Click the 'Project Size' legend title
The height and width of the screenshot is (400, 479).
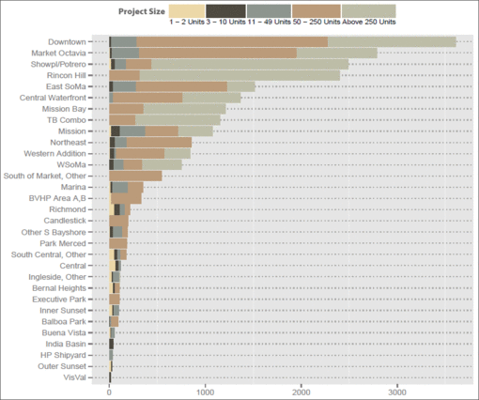point(142,11)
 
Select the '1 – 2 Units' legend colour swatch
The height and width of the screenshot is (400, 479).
point(187,11)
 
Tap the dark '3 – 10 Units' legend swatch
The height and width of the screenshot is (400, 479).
point(225,11)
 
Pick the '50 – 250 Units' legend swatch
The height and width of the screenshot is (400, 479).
point(317,11)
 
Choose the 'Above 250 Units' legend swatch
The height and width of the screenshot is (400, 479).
point(369,11)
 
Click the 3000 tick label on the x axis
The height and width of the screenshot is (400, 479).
point(397,392)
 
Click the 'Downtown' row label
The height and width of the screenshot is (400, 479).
point(67,42)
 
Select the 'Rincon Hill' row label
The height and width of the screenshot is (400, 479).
point(66,75)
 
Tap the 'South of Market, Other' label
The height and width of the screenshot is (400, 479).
point(44,176)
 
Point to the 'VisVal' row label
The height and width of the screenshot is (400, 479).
point(74,377)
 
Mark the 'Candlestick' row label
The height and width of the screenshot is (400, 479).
point(65,221)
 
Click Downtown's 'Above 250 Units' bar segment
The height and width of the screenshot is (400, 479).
point(392,42)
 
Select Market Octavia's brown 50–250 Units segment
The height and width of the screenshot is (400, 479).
point(218,54)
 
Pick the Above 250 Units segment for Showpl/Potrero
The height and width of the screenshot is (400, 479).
point(250,65)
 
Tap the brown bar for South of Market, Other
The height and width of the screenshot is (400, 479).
point(135,176)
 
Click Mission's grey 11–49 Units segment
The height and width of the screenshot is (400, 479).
point(132,131)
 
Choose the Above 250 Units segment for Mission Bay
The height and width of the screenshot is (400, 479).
point(184,109)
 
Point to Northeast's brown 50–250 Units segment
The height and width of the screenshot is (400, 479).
point(159,143)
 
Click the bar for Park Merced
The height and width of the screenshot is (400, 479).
point(118,243)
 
